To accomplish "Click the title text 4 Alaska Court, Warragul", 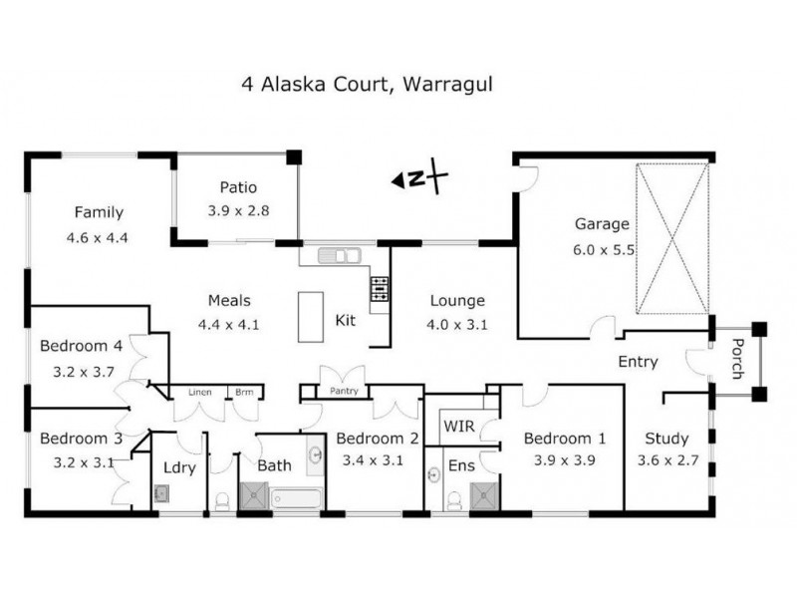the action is point(367,85).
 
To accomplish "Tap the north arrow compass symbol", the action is point(419,177).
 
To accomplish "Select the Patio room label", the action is point(238,187).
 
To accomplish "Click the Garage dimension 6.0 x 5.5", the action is point(604,250).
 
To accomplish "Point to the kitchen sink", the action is point(339,255).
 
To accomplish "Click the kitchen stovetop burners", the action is point(379,289).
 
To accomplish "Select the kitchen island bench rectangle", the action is point(311,317).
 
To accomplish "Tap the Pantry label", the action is point(344,391).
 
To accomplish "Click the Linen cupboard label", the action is point(200,392).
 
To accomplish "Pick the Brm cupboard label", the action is point(244,392).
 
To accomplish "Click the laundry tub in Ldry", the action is point(161,493).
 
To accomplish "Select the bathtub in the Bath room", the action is point(296,497).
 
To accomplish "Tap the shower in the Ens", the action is point(484,496).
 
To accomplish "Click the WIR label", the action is point(459,427).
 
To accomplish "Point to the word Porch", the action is point(738,359).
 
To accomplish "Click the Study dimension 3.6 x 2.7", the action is point(667,460).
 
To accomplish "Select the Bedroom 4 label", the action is point(82,346).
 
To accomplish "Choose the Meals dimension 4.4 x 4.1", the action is point(229,325).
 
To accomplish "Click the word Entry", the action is point(638,362).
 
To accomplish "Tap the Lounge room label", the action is point(457,301).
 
